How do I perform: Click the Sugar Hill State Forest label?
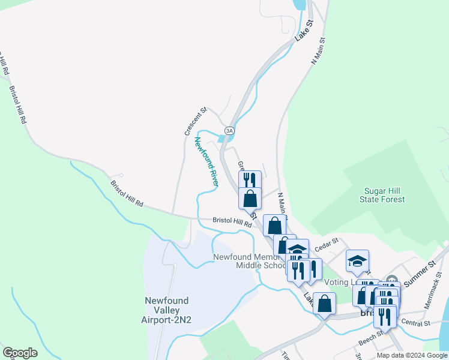point(384,195)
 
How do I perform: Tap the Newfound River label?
point(206,160)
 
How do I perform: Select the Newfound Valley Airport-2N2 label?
point(166,310)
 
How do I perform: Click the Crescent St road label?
point(195,121)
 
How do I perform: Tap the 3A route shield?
point(229,130)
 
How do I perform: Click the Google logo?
point(20,353)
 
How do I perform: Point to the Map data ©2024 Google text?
point(411,355)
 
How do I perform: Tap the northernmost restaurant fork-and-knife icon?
point(250,180)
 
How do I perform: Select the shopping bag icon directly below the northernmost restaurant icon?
point(250,197)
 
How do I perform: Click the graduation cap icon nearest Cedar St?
point(357,260)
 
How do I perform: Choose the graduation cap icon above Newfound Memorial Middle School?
point(297,249)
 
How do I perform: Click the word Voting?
point(335,282)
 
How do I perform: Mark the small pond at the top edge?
point(298,5)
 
